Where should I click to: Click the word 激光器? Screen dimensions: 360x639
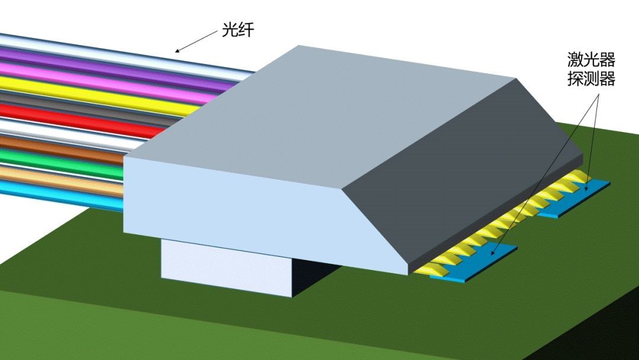coord(591,60)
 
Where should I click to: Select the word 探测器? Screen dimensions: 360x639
coord(591,79)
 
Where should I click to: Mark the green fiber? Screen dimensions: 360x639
coord(59,157)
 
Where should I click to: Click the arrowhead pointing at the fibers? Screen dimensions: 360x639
coord(178,50)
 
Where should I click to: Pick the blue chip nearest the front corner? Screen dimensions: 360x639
coord(479,263)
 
